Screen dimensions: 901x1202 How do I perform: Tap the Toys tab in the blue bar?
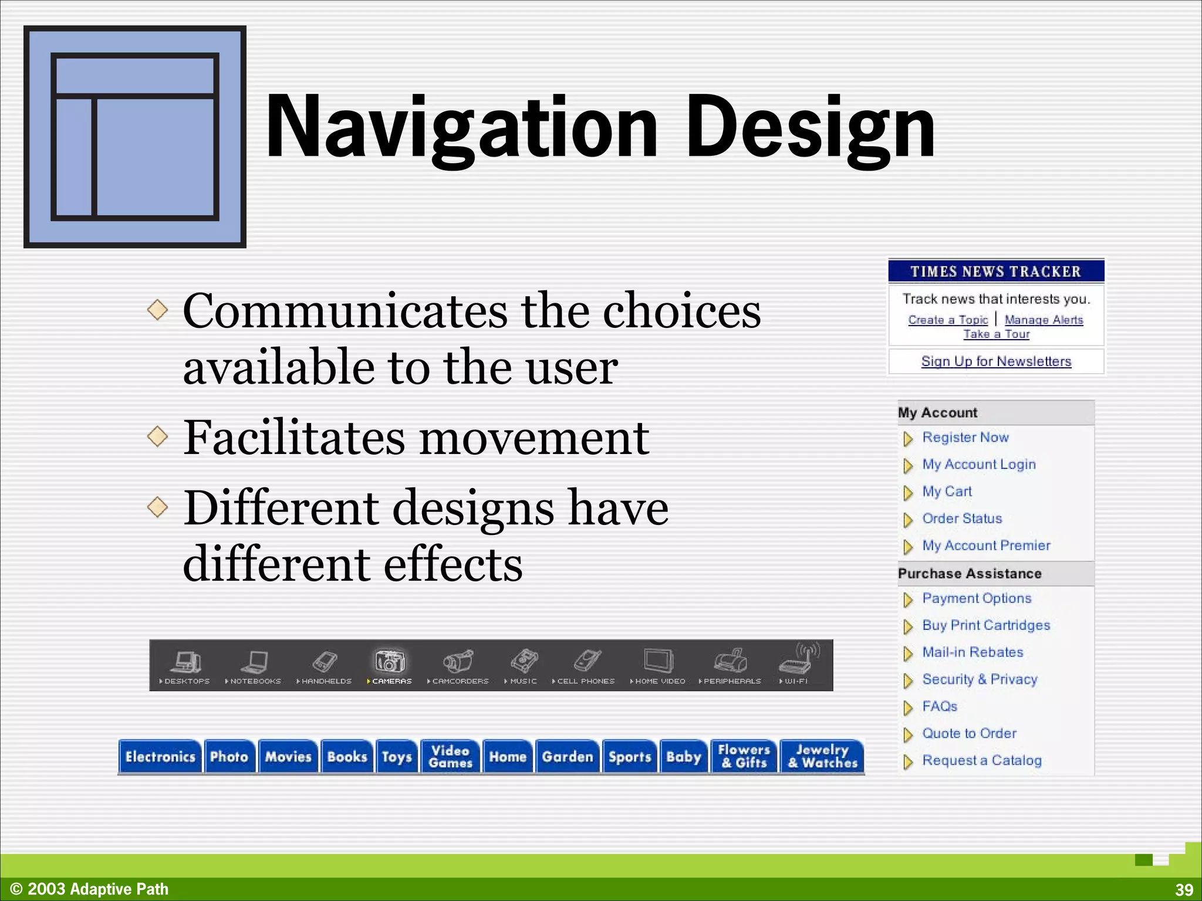(x=397, y=757)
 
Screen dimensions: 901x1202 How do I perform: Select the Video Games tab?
(x=450, y=757)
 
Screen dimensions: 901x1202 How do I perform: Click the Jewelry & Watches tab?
(x=822, y=757)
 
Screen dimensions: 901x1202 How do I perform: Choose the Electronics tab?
(x=160, y=757)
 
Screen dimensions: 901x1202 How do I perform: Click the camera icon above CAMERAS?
(x=390, y=661)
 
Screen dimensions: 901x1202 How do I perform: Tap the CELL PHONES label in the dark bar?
(x=585, y=681)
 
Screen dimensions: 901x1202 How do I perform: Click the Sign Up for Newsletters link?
(x=996, y=361)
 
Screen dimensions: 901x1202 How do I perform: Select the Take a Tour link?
(x=996, y=334)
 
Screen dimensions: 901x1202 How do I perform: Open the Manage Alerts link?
(x=1044, y=320)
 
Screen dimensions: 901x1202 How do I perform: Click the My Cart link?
(x=947, y=492)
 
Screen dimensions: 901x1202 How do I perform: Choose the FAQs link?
(x=940, y=706)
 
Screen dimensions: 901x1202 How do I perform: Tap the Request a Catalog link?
(x=982, y=760)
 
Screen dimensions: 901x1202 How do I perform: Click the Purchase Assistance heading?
(x=970, y=574)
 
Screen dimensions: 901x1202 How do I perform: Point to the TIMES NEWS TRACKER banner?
(x=995, y=272)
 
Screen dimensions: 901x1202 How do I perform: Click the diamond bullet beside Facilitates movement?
(x=158, y=436)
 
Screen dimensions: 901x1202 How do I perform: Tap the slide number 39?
(x=1184, y=890)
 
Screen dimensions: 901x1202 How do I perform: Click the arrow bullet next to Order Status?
(x=908, y=520)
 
